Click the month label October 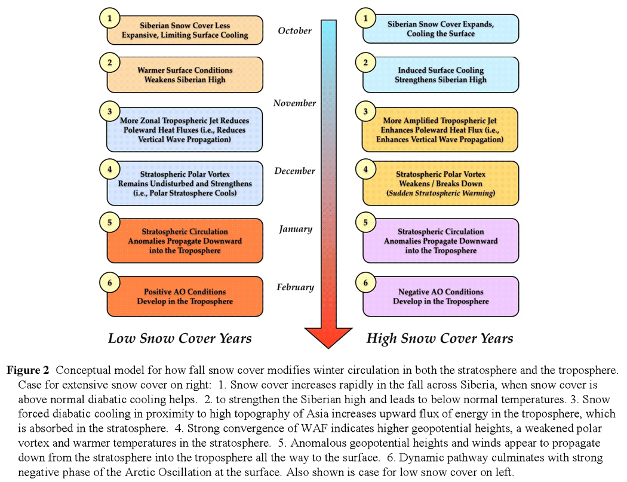[x=295, y=30]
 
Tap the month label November [x=295, y=103]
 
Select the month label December [x=295, y=171]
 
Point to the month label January [x=296, y=229]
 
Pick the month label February [x=296, y=287]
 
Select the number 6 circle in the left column [x=109, y=281]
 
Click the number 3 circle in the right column [x=365, y=112]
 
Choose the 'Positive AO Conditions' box [x=185, y=296]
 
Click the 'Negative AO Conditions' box [x=441, y=296]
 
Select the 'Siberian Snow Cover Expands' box [x=441, y=29]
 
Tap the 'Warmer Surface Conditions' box [x=185, y=75]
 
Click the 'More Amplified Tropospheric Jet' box [x=441, y=130]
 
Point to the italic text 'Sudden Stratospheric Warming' [x=440, y=194]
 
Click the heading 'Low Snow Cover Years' [x=180, y=338]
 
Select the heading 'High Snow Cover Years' [x=439, y=338]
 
